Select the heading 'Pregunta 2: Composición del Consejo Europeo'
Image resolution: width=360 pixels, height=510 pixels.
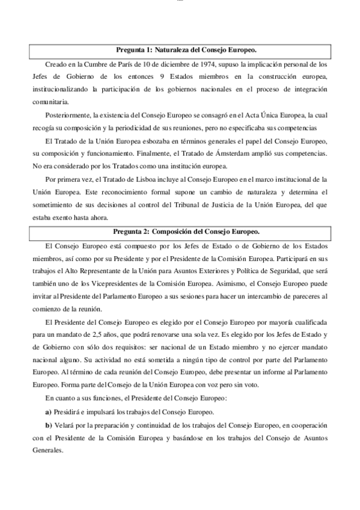click(181, 232)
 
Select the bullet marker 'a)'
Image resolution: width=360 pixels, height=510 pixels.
click(49, 413)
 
